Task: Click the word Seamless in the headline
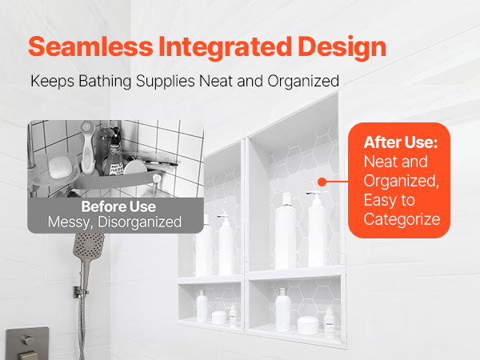tap(90, 47)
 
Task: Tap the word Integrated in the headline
tap(226, 48)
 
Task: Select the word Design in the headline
tap(342, 48)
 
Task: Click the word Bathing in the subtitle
tap(105, 82)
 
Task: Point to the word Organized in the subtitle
tap(303, 82)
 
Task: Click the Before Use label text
tap(118, 206)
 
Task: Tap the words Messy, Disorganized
tap(114, 222)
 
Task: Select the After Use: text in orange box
tap(401, 142)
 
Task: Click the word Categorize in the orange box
tap(402, 219)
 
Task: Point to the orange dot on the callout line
tap(322, 182)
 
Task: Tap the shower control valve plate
tap(27, 343)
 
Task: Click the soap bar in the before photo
tap(62, 167)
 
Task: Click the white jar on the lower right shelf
tap(308, 325)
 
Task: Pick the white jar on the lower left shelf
tap(219, 317)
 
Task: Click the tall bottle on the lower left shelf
tap(202, 306)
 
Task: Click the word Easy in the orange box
tap(379, 201)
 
